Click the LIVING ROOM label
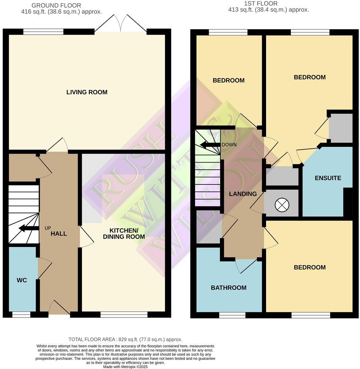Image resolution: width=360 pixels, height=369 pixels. click(87, 92)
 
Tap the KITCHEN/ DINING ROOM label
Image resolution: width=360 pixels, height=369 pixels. click(124, 234)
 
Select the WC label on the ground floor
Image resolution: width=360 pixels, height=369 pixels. click(22, 280)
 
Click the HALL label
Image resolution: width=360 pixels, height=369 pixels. click(59, 234)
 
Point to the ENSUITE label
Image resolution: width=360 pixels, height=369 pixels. click(328, 178)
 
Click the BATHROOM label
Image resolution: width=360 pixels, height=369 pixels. click(229, 288)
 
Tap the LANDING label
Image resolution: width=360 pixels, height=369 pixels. click(243, 194)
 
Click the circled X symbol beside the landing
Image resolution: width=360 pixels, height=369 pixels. click(282, 205)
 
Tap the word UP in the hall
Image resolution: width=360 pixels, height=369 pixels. click(48, 228)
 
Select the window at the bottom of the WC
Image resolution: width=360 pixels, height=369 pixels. click(21, 315)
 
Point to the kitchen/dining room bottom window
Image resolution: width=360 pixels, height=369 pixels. click(124, 315)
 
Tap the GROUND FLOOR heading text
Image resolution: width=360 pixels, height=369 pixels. click(56, 5)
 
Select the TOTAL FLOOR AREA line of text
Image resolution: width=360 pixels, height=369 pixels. click(125, 339)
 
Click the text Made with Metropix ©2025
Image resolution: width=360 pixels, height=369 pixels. click(125, 366)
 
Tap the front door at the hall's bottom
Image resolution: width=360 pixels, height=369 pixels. click(59, 308)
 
